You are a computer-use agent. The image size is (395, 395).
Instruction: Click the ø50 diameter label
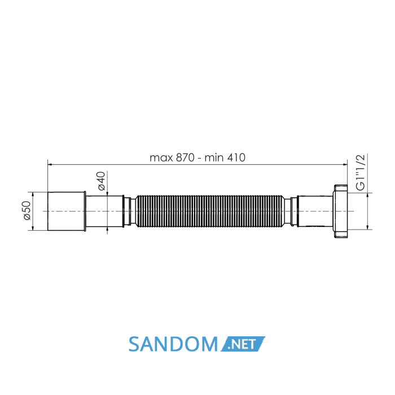pos(27,210)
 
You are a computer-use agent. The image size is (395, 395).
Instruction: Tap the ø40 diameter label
pos(101,181)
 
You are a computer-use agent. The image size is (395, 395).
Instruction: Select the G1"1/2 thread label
pos(361,172)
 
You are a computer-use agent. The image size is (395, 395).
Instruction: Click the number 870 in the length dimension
pos(185,157)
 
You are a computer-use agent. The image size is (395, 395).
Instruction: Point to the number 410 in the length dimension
pos(236,157)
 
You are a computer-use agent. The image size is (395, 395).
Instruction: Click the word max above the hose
pos(161,159)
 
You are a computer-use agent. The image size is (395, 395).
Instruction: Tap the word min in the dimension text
pos(214,158)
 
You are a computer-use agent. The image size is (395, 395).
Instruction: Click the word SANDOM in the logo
pos(173,344)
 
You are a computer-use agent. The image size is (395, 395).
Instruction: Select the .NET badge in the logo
pos(243,344)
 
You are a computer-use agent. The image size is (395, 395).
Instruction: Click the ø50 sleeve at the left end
pos(67,211)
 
